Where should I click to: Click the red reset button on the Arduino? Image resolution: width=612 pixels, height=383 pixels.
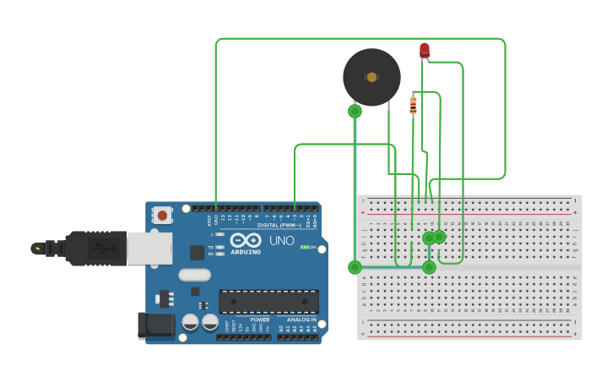coord(162,215)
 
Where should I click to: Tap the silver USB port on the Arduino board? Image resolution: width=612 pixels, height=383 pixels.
coord(149,248)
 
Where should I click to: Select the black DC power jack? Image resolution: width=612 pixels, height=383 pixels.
coord(155,326)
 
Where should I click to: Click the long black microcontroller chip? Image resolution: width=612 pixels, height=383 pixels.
coord(268,301)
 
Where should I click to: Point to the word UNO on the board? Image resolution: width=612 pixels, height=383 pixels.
coord(281,241)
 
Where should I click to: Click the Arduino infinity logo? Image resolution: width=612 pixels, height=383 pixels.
coord(246,240)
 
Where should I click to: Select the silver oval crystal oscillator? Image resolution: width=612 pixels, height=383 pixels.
coord(194,274)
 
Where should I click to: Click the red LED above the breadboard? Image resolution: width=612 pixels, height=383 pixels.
coord(425,51)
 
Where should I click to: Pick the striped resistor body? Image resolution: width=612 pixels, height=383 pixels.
coord(413,106)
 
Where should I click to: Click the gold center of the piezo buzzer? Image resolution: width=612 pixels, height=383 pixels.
coord(371,77)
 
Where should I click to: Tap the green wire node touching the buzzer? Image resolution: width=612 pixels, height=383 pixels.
coord(355,111)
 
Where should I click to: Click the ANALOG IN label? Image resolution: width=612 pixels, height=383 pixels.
coord(301,320)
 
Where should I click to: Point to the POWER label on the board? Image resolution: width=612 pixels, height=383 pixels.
coord(260,320)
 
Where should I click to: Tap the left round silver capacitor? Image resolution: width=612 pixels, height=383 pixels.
coord(191,322)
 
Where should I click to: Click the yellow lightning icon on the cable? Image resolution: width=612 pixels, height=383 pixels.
coord(36,248)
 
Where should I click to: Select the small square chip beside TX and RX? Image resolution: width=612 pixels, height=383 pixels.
coord(198,252)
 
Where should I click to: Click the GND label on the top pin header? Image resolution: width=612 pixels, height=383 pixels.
coord(216,220)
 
